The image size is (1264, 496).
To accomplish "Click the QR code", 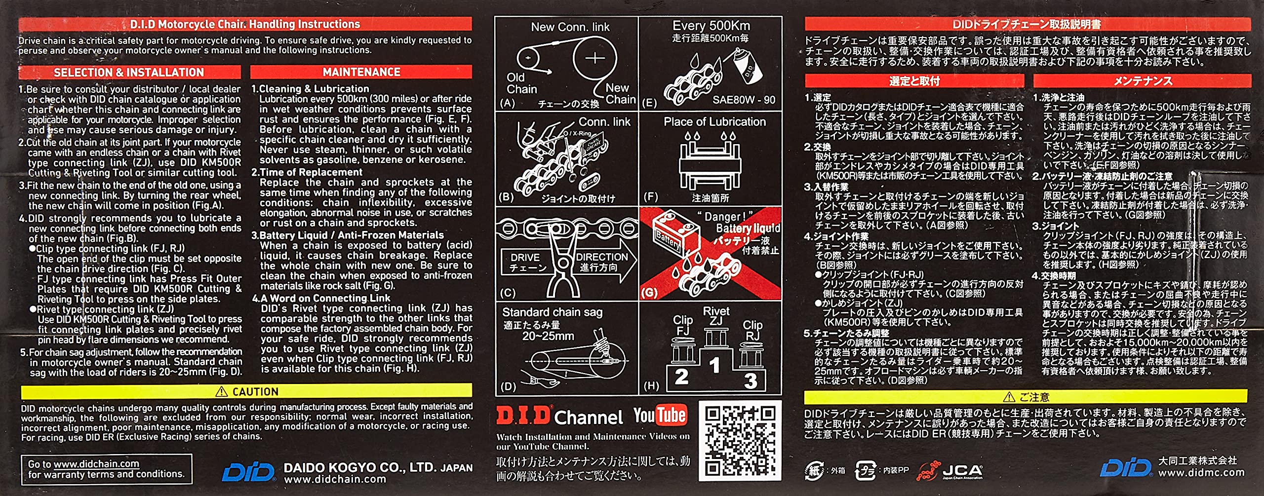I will tap(740, 441).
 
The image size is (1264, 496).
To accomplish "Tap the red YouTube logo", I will tap(660, 416).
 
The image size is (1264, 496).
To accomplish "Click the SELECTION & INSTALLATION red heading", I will tap(129, 73).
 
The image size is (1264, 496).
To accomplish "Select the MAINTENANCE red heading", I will tap(361, 72).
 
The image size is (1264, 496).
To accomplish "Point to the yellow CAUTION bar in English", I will tap(246, 391).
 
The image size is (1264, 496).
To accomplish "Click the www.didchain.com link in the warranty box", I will tap(96, 464).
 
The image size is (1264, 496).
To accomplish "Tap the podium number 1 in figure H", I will tap(714, 366).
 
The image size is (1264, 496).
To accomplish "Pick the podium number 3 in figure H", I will tap(750, 381).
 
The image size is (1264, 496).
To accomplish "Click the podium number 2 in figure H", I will tap(681, 378).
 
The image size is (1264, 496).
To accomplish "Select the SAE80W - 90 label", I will tap(744, 100).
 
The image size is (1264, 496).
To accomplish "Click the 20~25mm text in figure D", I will tap(548, 337).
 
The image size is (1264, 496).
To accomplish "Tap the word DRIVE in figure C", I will tap(525, 258).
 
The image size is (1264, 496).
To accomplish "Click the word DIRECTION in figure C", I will tap(601, 257).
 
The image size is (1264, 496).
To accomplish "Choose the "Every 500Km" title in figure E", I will tap(711, 26).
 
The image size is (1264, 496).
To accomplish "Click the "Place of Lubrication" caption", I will tap(714, 122).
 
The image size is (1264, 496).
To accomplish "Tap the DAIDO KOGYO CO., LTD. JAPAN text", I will tap(378, 467).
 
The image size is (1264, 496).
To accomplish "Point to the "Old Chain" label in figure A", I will tap(521, 83).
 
